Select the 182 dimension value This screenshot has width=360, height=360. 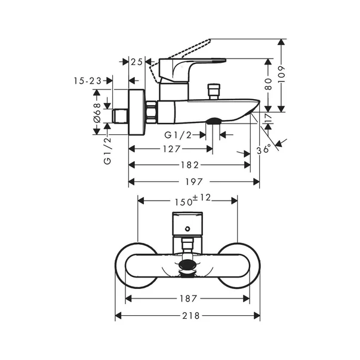[x=190, y=165]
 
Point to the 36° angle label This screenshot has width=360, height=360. [x=263, y=147]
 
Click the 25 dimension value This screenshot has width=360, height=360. [x=137, y=61]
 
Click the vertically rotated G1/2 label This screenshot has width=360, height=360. [x=107, y=152]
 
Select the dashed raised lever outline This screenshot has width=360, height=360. [x=179, y=54]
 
